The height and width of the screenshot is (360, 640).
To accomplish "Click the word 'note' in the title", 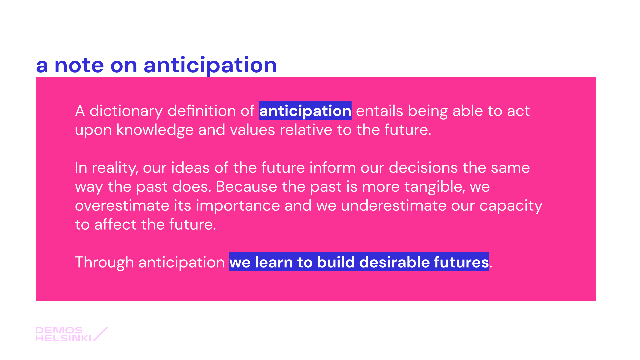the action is tap(79, 65).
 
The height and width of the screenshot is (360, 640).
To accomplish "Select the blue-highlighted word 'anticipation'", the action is tap(305, 111).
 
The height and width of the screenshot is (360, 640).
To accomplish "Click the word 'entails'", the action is tap(379, 111).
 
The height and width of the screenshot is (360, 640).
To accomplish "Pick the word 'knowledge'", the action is tap(155, 130).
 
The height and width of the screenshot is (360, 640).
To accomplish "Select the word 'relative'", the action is tap(306, 130).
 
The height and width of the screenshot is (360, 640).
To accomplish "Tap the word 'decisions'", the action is tap(423, 167).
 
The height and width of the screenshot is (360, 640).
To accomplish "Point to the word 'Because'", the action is tap(246, 186).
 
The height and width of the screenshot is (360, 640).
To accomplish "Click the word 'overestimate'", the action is tap(122, 205).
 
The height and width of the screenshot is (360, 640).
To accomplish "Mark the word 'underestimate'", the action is tap(393, 205).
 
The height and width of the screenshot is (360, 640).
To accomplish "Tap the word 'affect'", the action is tap(115, 224).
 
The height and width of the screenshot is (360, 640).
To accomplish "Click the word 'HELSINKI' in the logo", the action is tap(63, 338).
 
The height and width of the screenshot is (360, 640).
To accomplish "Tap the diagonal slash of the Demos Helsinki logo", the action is tap(100, 334).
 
